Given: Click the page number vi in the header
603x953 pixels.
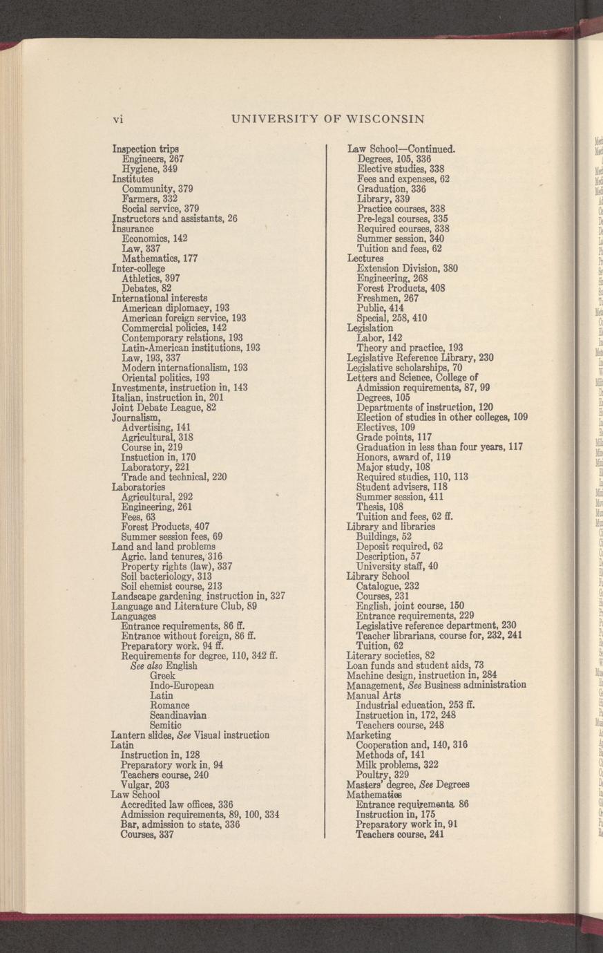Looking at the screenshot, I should [117, 118].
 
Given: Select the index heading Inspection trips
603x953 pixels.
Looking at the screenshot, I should [146, 149].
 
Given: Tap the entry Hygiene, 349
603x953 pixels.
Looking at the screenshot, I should [149, 169].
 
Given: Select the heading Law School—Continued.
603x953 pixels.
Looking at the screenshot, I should [401, 149].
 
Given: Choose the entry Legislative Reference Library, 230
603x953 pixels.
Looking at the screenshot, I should [420, 358].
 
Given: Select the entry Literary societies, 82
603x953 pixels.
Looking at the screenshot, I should [390, 655].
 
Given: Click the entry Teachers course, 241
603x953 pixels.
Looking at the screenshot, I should [400, 834].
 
